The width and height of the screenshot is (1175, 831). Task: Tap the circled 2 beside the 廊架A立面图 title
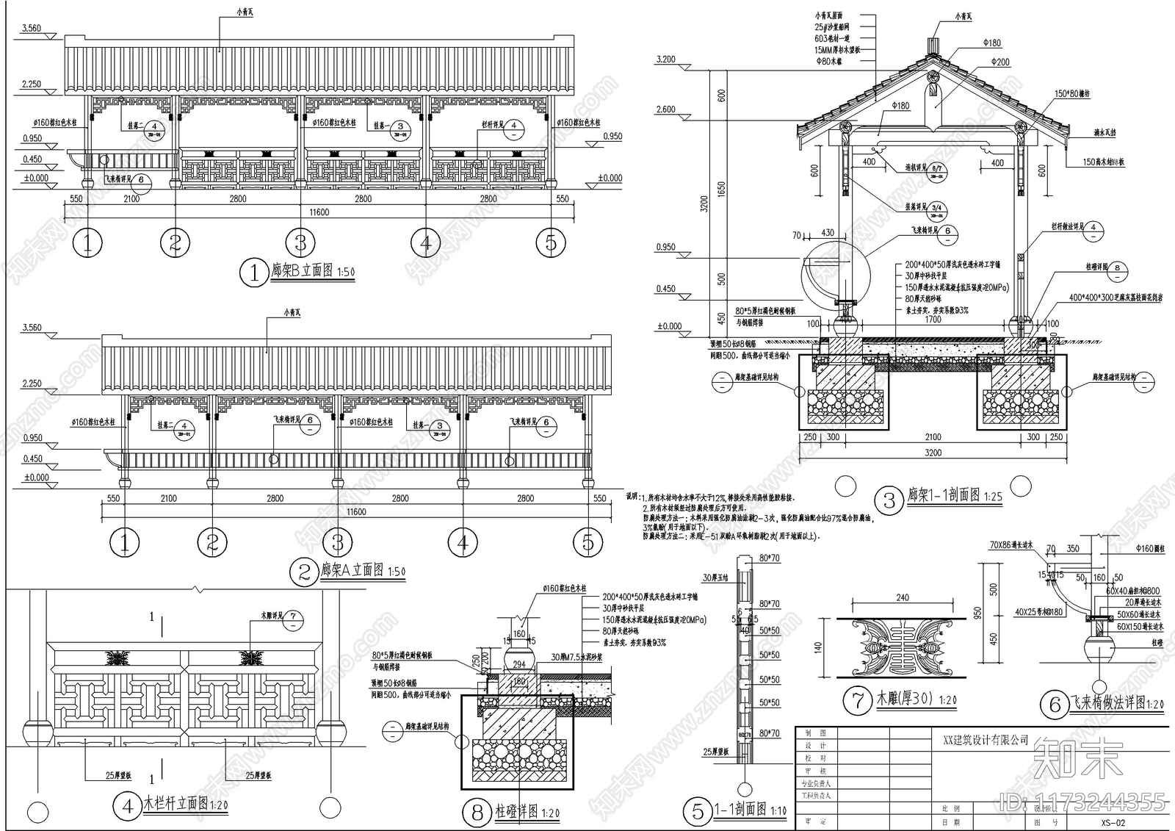[305, 572]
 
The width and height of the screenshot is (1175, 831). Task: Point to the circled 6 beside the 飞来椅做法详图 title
[1055, 705]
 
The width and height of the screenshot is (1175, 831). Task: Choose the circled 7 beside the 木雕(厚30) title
[857, 700]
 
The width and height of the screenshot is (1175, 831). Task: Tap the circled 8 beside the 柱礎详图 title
[477, 813]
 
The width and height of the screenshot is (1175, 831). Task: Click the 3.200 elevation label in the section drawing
[665, 59]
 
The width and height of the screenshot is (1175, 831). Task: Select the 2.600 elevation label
[665, 109]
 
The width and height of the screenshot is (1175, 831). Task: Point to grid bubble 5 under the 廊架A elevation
[587, 543]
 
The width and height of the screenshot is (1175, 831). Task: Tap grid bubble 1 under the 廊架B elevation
[88, 243]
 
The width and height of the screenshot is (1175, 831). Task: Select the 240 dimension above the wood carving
[903, 597]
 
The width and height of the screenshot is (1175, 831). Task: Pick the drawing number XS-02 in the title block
[1113, 823]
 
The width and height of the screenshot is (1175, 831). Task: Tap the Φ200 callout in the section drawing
[1000, 62]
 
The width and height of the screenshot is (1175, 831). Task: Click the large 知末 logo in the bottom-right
[1077, 758]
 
